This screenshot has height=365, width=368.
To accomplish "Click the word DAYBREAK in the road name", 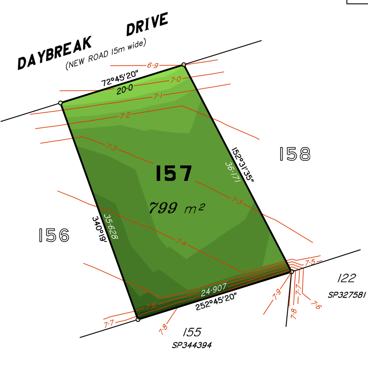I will [x=55, y=53].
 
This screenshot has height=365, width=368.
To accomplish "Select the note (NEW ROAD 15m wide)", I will [x=106, y=54].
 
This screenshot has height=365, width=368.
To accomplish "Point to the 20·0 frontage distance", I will [x=125, y=89].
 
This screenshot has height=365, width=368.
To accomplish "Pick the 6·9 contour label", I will [x=153, y=65].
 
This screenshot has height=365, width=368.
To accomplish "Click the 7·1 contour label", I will [x=158, y=96].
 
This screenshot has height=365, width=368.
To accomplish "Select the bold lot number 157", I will [x=174, y=173].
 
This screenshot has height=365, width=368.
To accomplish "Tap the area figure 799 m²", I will [x=177, y=208].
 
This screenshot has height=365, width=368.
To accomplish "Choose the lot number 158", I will [x=295, y=154].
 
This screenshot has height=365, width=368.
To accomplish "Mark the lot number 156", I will [x=54, y=235].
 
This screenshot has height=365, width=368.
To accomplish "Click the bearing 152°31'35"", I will [x=243, y=164].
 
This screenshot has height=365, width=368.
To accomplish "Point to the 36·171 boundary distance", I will [x=233, y=172].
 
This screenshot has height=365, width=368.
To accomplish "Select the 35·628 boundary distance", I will [x=111, y=226].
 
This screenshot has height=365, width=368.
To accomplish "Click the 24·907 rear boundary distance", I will [x=214, y=290].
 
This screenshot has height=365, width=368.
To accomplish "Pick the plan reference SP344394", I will [x=192, y=345].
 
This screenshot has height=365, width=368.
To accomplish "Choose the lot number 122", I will [x=347, y=278].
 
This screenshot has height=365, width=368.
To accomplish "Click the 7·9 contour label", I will [x=277, y=294].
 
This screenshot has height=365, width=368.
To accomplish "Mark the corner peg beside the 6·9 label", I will [x=184, y=65].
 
